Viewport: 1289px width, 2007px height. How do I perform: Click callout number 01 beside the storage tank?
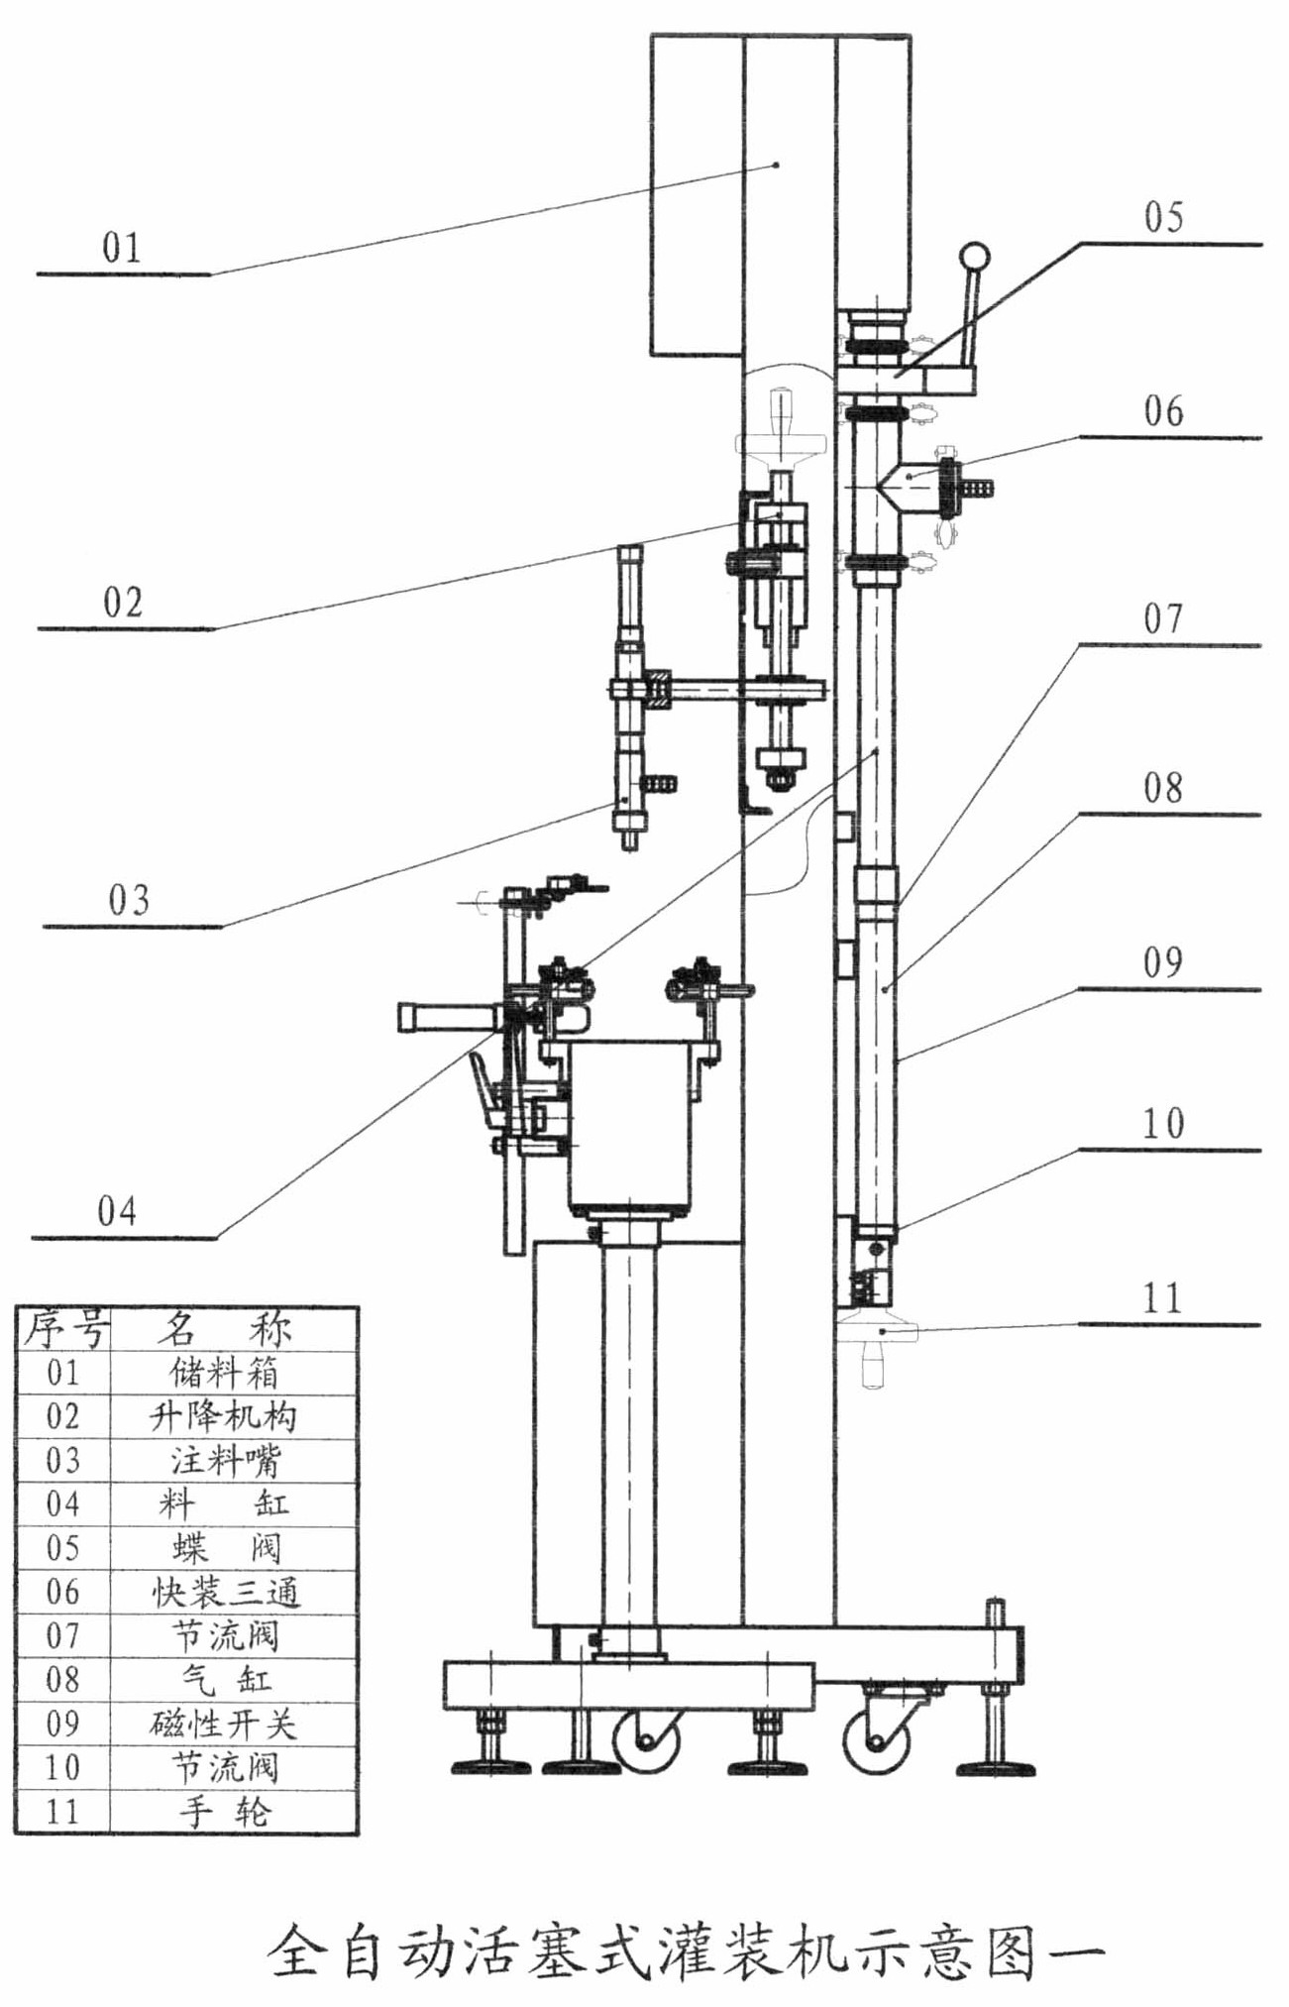pos(121,248)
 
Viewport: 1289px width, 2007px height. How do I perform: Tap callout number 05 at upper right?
pos(1163,217)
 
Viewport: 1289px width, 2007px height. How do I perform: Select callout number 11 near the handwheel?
pos(1163,1298)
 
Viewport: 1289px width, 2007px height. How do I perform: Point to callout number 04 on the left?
pos(116,1211)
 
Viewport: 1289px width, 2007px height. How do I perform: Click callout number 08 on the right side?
pos(1163,789)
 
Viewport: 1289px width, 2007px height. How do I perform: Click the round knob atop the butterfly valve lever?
pos(976,258)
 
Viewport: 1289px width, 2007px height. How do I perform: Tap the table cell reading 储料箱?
pos(224,1373)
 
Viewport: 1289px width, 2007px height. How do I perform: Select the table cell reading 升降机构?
pos(224,1416)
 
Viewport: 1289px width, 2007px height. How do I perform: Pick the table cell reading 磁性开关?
pos(224,1724)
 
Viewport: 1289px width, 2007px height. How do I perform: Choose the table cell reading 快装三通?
pos(224,1592)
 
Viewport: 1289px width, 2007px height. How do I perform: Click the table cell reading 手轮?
pos(224,1812)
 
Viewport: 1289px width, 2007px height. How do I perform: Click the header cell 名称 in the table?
pos(224,1328)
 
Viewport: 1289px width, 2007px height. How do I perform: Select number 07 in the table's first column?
pos(62,1635)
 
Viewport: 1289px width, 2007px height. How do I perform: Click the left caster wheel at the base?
pos(647,1739)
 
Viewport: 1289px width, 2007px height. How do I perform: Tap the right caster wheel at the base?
pos(876,1739)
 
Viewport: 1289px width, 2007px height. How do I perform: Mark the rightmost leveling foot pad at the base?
pos(995,1767)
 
